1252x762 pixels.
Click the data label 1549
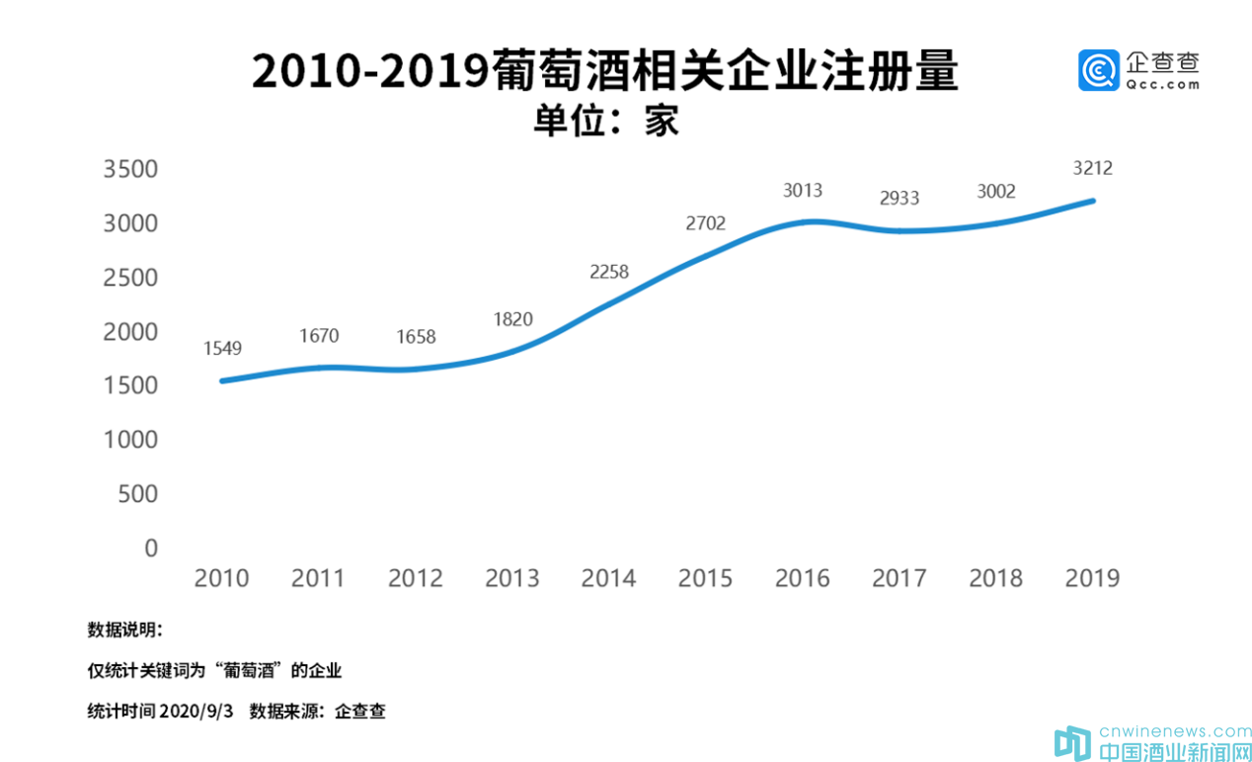click(x=222, y=348)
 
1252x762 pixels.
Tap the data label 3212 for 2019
click(x=1093, y=168)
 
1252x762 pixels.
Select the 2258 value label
click(x=609, y=272)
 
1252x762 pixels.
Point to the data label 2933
click(x=900, y=198)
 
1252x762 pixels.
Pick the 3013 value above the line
click(x=803, y=191)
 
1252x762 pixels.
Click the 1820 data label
click(x=512, y=318)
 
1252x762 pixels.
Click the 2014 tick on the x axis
click(x=608, y=578)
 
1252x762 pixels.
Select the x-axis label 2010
click(x=221, y=578)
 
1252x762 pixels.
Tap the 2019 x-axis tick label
click(x=1092, y=578)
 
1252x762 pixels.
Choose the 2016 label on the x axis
click(x=802, y=578)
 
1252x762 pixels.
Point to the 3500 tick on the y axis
click(x=130, y=170)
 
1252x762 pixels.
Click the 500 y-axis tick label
click(x=137, y=494)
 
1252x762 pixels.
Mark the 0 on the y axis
click(x=151, y=548)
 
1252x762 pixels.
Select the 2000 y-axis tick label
click(x=130, y=332)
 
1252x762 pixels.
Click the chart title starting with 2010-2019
click(x=604, y=72)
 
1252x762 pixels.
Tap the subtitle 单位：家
click(x=605, y=121)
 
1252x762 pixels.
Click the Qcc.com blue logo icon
click(x=1098, y=70)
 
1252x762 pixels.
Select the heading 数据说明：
click(x=125, y=631)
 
